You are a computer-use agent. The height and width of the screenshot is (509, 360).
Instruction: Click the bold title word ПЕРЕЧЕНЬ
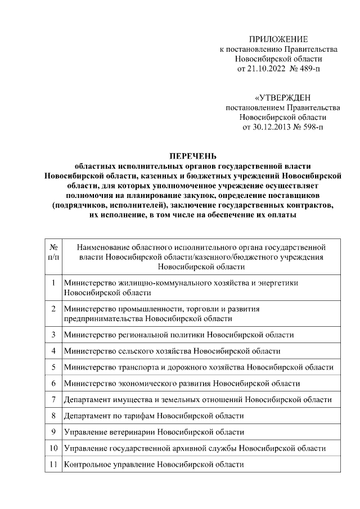(193, 156)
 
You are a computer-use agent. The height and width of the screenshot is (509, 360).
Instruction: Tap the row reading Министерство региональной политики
(179, 335)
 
